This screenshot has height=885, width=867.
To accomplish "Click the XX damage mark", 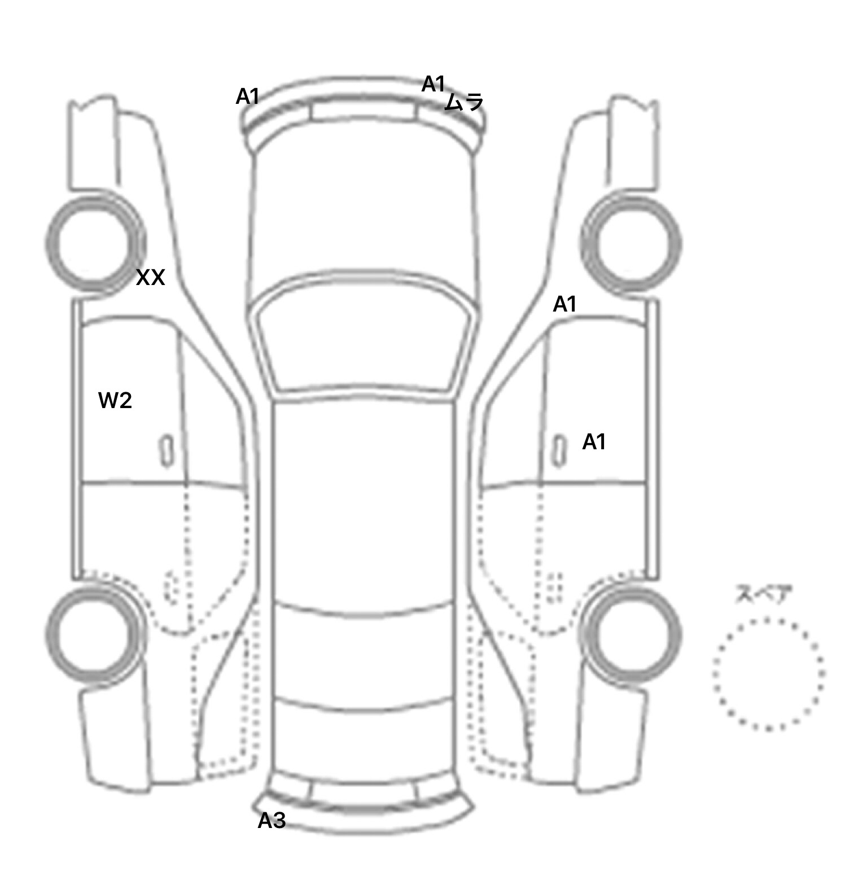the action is [151, 278].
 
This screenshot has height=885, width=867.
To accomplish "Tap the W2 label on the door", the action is [115, 401].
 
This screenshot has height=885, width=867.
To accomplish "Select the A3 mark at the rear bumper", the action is [272, 821].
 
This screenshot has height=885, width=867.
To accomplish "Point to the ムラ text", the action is [465, 102].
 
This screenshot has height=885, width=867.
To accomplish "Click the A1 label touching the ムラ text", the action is [433, 84].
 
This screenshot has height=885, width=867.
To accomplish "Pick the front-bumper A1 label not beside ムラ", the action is [247, 97].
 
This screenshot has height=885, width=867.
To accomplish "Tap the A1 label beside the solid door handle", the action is [594, 442].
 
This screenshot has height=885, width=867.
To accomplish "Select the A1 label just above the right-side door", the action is [564, 305].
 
